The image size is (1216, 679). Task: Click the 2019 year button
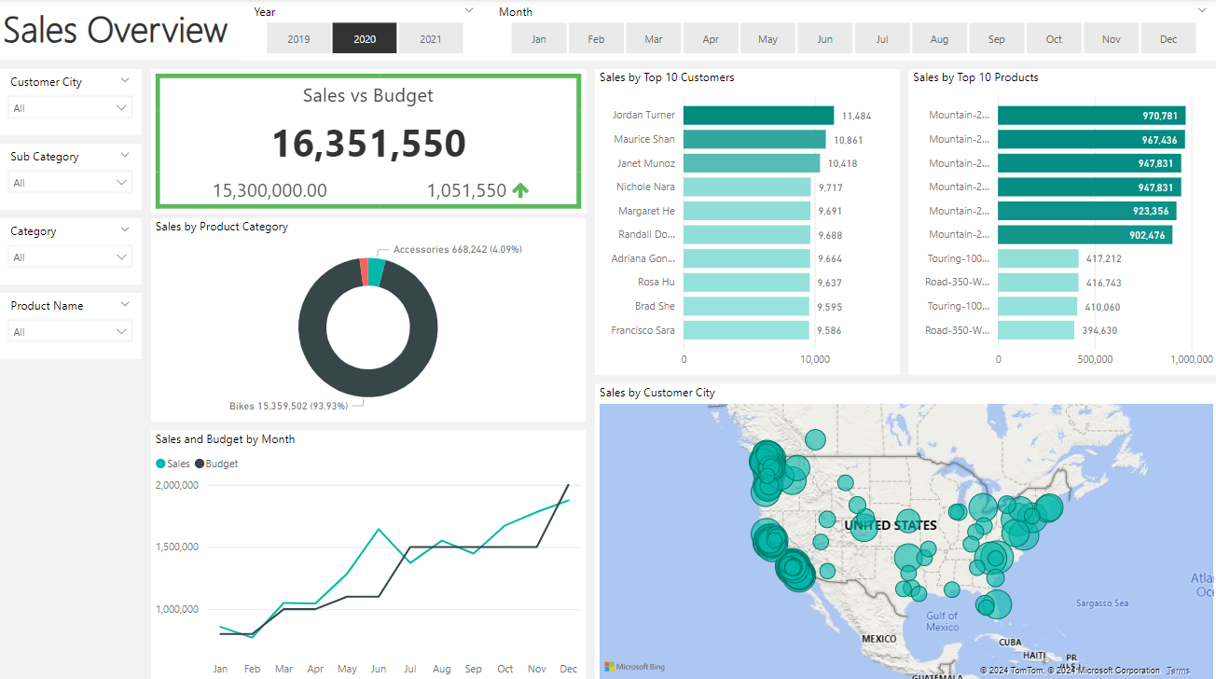(298, 39)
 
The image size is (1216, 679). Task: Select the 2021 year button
(431, 39)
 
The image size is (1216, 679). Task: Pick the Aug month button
(939, 39)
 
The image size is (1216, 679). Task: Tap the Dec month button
(1168, 39)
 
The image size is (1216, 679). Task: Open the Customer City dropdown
(71, 108)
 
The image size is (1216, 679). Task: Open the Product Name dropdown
(71, 332)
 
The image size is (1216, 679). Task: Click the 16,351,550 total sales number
(368, 144)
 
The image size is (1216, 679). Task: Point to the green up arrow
(520, 190)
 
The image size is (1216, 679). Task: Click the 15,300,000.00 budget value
(269, 190)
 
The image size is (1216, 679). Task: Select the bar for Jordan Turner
(758, 116)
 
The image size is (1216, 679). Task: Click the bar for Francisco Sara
(746, 330)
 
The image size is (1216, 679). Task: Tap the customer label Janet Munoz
(644, 163)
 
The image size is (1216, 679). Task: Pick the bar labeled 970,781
(1091, 116)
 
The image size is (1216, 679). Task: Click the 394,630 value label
(1100, 330)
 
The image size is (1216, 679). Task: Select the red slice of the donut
(364, 271)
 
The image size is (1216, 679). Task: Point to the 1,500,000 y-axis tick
(176, 547)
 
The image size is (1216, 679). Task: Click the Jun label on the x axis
(379, 669)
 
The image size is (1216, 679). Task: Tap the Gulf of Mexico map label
(942, 621)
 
